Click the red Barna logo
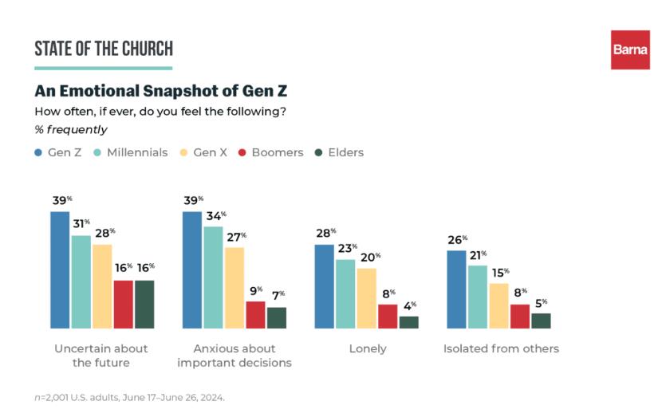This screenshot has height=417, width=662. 630,49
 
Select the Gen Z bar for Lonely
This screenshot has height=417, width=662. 325,286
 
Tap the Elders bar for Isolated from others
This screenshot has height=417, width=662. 541,321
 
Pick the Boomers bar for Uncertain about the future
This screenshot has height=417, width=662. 124,304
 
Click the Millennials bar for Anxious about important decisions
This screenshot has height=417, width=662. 214,277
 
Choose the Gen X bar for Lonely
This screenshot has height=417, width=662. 366,298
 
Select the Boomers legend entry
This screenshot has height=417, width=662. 269,152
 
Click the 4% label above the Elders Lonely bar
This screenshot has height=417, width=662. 408,305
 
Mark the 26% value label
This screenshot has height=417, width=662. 456,239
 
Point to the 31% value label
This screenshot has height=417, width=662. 81,224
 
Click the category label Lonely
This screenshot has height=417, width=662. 368,348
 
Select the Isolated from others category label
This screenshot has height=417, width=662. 501,348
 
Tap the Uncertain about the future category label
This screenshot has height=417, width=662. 101,356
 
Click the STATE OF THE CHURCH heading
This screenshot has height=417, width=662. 104,49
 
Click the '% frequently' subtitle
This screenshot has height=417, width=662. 71,129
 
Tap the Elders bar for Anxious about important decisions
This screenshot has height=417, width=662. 277,317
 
